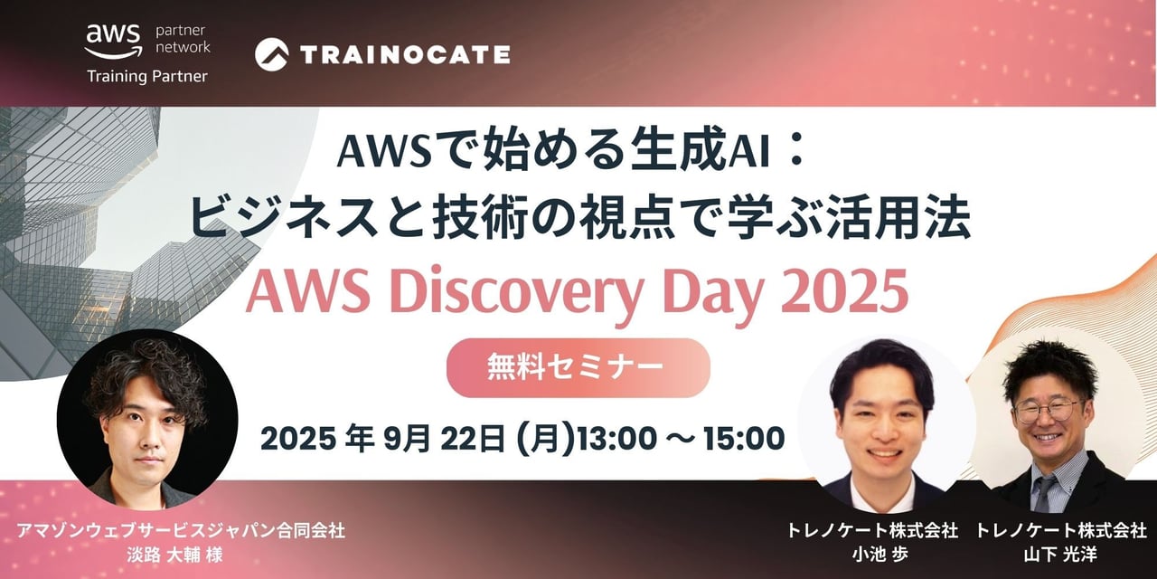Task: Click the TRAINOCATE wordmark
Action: [405, 54]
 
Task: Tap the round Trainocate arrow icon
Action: [272, 54]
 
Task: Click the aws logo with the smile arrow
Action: [113, 42]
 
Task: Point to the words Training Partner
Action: [147, 77]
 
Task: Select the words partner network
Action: [183, 39]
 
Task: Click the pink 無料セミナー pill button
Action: [578, 367]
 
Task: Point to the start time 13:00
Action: [616, 439]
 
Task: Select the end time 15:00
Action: [744, 439]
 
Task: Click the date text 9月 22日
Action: [443, 439]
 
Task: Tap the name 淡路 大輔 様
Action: [174, 555]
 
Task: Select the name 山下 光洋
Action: [1060, 555]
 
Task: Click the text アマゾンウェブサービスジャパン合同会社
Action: [181, 530]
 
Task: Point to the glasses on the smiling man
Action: [1048, 411]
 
